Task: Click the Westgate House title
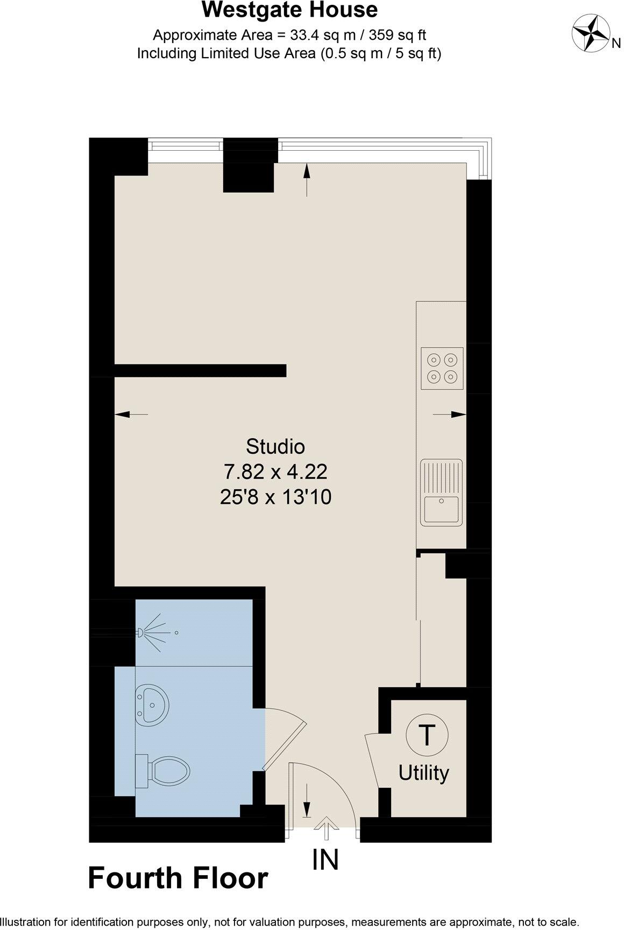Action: (289, 10)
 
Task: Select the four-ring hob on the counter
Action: (442, 368)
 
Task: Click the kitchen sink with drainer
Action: (442, 492)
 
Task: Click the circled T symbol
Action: (426, 735)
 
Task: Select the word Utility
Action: (423, 773)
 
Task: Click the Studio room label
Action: (275, 446)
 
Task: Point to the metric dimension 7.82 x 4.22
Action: (275, 472)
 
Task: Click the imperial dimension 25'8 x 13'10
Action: (275, 497)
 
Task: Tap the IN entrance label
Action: (325, 860)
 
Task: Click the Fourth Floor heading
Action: (178, 878)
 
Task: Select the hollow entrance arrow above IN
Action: (326, 827)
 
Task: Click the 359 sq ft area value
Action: (402, 36)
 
